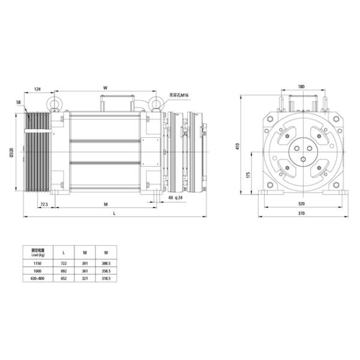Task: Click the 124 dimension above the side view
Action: (38, 89)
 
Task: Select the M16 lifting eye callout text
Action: (179, 95)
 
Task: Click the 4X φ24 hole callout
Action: (175, 197)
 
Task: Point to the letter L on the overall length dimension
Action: (114, 214)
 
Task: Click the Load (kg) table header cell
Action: (34, 251)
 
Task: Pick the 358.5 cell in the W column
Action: (106, 271)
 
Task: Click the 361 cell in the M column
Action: (85, 271)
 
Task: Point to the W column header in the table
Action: (106, 251)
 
